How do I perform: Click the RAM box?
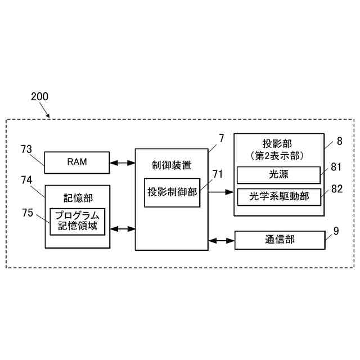point(77,163)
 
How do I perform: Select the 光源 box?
point(278,175)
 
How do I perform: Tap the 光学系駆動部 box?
point(278,197)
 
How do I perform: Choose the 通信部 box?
point(280,240)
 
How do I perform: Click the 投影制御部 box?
point(172,192)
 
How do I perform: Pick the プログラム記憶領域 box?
point(78,221)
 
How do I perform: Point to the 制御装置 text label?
point(172,165)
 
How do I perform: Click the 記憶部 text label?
point(78,197)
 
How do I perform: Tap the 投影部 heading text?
point(277,143)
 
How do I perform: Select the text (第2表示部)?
point(278,154)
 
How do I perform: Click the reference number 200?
point(39,96)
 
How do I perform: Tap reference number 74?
point(26,180)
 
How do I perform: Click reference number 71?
point(218,174)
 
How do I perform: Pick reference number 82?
point(337,189)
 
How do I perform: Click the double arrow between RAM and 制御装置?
point(122,163)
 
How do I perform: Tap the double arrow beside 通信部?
point(221,241)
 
